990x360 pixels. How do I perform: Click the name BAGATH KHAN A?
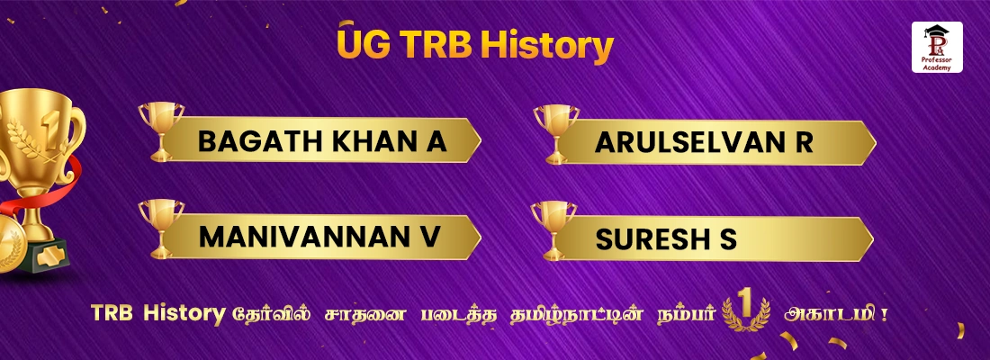point(322,141)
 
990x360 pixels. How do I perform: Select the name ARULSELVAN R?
point(704,141)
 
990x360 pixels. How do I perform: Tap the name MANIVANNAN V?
point(319,237)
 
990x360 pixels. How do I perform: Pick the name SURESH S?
point(665,238)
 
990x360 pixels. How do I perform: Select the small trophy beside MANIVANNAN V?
point(161,224)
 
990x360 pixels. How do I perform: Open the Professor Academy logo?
point(937,49)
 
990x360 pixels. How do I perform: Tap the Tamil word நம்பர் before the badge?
point(693,314)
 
